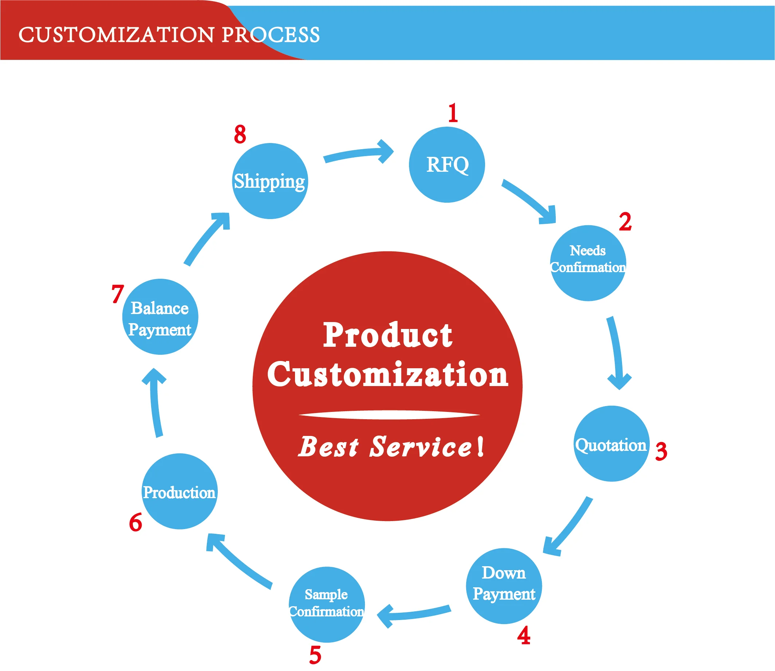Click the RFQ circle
coord(447,165)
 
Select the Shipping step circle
coord(270,181)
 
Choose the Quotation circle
coord(611,444)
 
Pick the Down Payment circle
coord(504,586)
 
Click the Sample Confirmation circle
coord(327,605)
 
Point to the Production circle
coord(180,491)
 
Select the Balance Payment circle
coord(160,317)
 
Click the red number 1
coord(453,113)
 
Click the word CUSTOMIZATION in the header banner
coord(117,35)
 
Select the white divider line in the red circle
coord(389,415)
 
